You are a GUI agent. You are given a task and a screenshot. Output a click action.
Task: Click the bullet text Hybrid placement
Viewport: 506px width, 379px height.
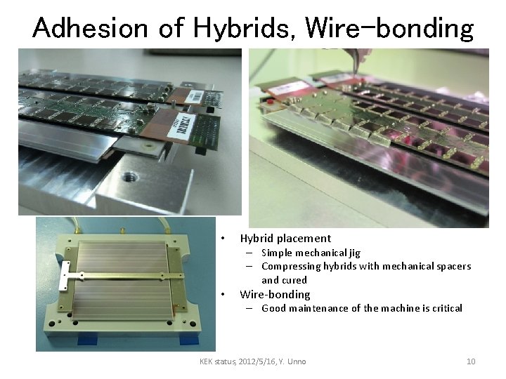(x=285, y=238)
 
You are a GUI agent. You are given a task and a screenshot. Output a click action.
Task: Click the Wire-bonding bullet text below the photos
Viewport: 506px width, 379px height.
(x=275, y=294)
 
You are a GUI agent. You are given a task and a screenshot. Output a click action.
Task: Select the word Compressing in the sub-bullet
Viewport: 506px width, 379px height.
(x=290, y=266)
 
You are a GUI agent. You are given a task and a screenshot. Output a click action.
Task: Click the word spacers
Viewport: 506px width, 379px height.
(x=453, y=266)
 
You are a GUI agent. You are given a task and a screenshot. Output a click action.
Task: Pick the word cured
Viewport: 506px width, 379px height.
(x=294, y=279)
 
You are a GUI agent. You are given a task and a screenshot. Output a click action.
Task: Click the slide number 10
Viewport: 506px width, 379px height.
(x=471, y=361)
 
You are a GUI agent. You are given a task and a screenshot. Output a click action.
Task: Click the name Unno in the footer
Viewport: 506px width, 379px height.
(x=295, y=361)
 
